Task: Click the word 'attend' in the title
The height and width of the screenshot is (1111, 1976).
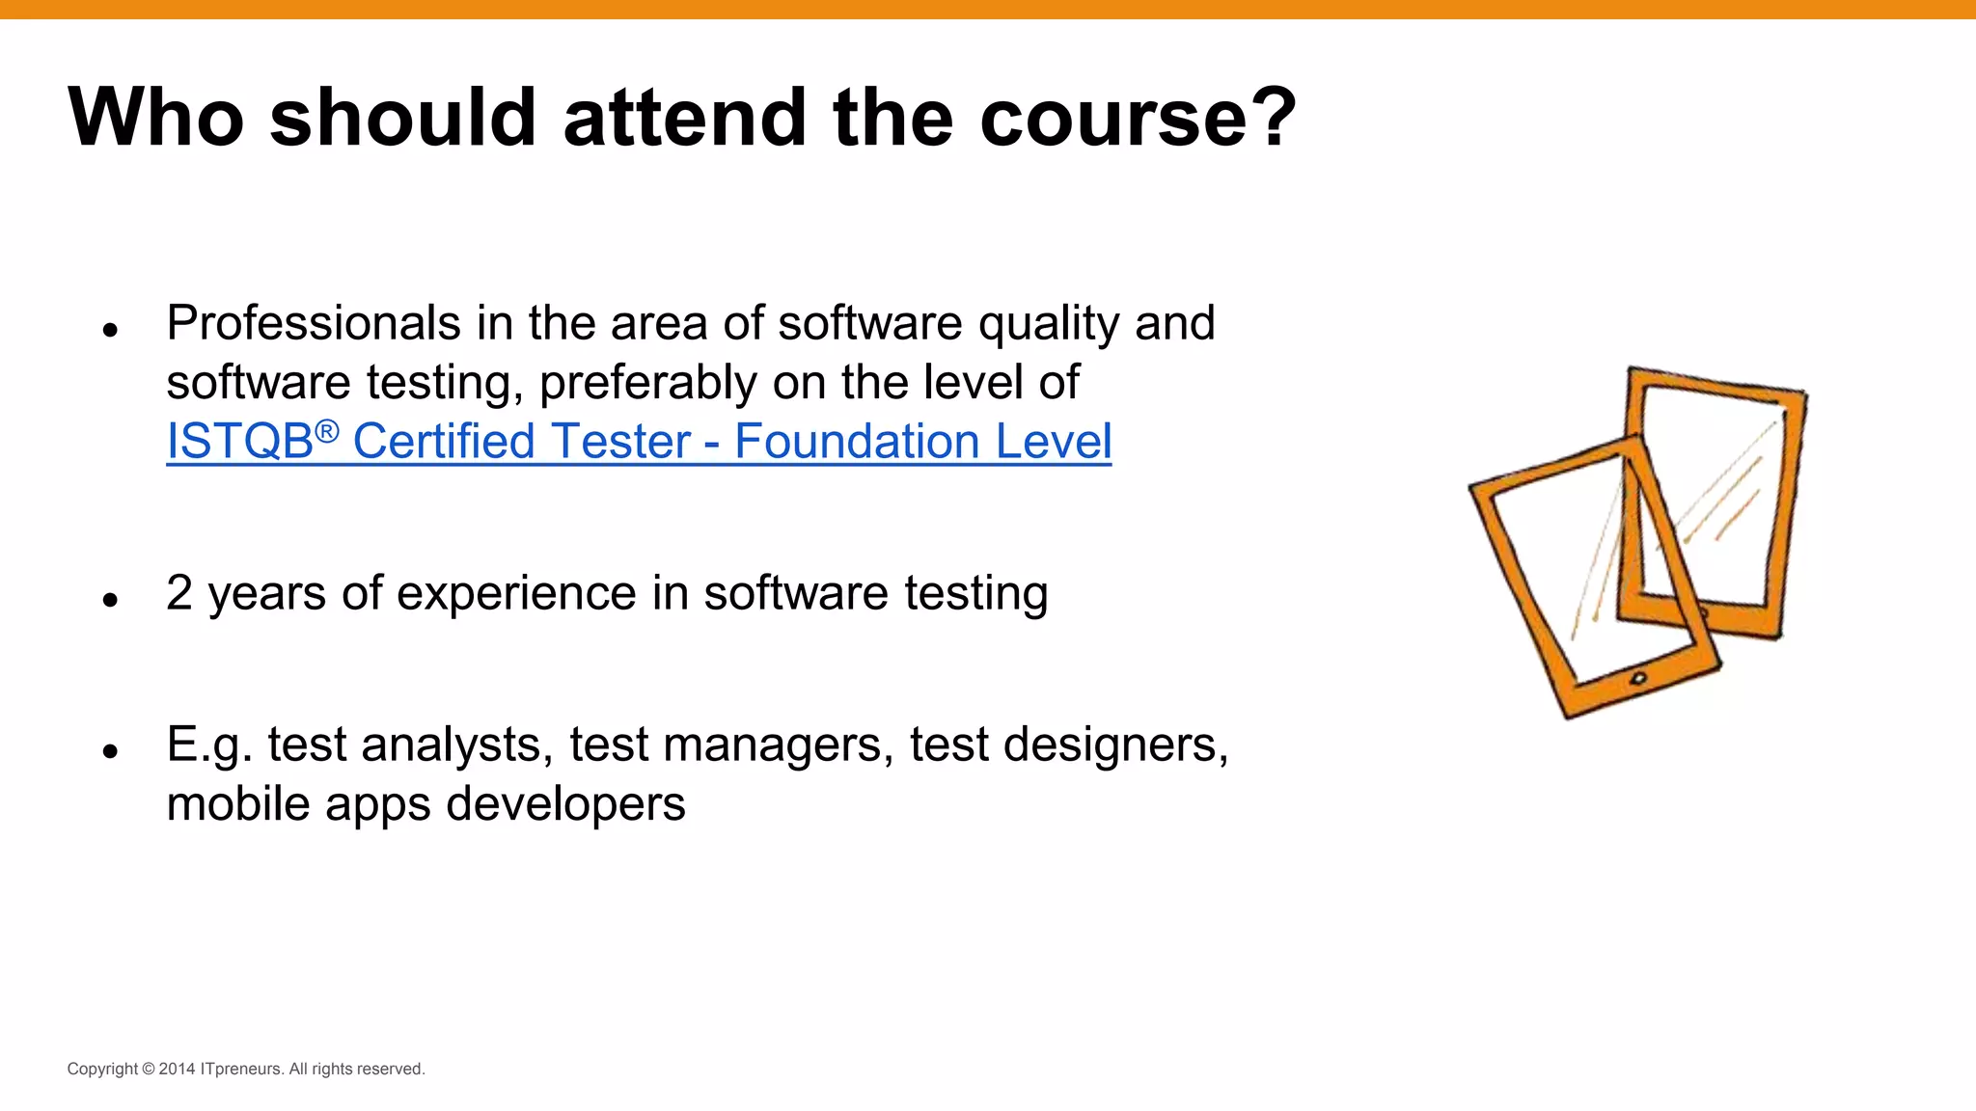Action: coord(682,118)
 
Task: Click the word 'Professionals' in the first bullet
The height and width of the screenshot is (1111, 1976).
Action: coord(313,324)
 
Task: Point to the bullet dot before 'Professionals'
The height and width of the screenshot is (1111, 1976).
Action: coord(110,330)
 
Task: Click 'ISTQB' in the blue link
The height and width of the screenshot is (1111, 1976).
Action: coord(239,443)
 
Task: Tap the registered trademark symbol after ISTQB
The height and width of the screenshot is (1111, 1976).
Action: coord(327,431)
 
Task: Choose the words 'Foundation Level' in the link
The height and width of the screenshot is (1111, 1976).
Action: coord(922,443)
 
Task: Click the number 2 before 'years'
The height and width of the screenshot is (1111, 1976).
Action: coord(179,593)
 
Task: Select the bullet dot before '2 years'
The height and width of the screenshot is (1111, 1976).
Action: coord(110,600)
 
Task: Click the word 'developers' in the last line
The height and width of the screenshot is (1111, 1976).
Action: coord(565,804)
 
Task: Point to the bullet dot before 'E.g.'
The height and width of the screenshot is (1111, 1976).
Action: coord(110,751)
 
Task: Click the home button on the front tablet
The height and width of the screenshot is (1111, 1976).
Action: coord(1638,679)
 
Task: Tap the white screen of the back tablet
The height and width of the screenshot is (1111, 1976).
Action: coord(1727,482)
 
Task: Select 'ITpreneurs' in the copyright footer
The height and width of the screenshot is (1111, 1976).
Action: coord(241,1070)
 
